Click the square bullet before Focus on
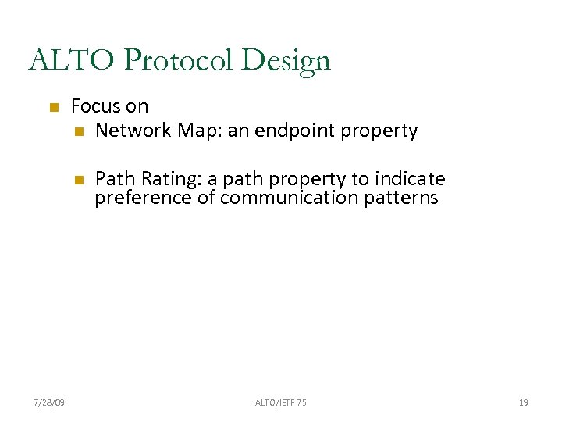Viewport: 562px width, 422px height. click(x=53, y=107)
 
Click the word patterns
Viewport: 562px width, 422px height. click(x=401, y=198)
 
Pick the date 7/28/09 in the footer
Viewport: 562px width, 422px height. click(x=50, y=402)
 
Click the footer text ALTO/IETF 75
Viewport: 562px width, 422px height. click(x=280, y=402)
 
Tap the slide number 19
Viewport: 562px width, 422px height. click(x=523, y=402)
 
